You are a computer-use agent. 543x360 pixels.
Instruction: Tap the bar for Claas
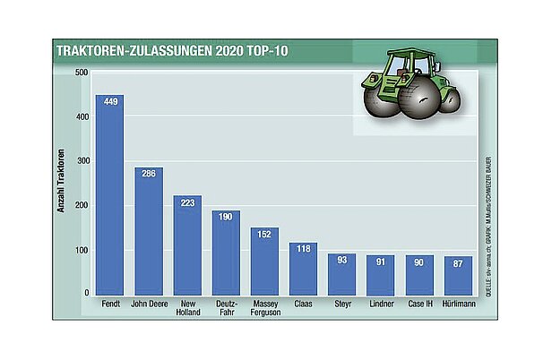point(303,269)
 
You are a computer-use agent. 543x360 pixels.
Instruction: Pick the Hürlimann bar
point(458,276)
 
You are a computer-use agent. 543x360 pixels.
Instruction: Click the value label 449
point(110,100)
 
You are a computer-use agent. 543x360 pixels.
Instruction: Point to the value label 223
point(187,201)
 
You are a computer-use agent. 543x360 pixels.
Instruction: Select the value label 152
point(264,234)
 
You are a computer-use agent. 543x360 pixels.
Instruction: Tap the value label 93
point(342,260)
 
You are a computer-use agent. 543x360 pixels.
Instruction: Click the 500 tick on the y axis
point(82,73)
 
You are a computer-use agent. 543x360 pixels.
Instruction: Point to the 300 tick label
point(82,161)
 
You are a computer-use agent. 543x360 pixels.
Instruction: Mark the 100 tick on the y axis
point(82,250)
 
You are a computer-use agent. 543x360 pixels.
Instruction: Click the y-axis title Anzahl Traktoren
point(62,184)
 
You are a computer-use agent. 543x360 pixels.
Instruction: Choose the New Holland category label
point(187,309)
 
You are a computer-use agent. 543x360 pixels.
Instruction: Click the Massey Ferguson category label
point(264,309)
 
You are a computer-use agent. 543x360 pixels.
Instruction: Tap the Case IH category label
point(419,304)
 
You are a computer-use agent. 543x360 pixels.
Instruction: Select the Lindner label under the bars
point(381,304)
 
